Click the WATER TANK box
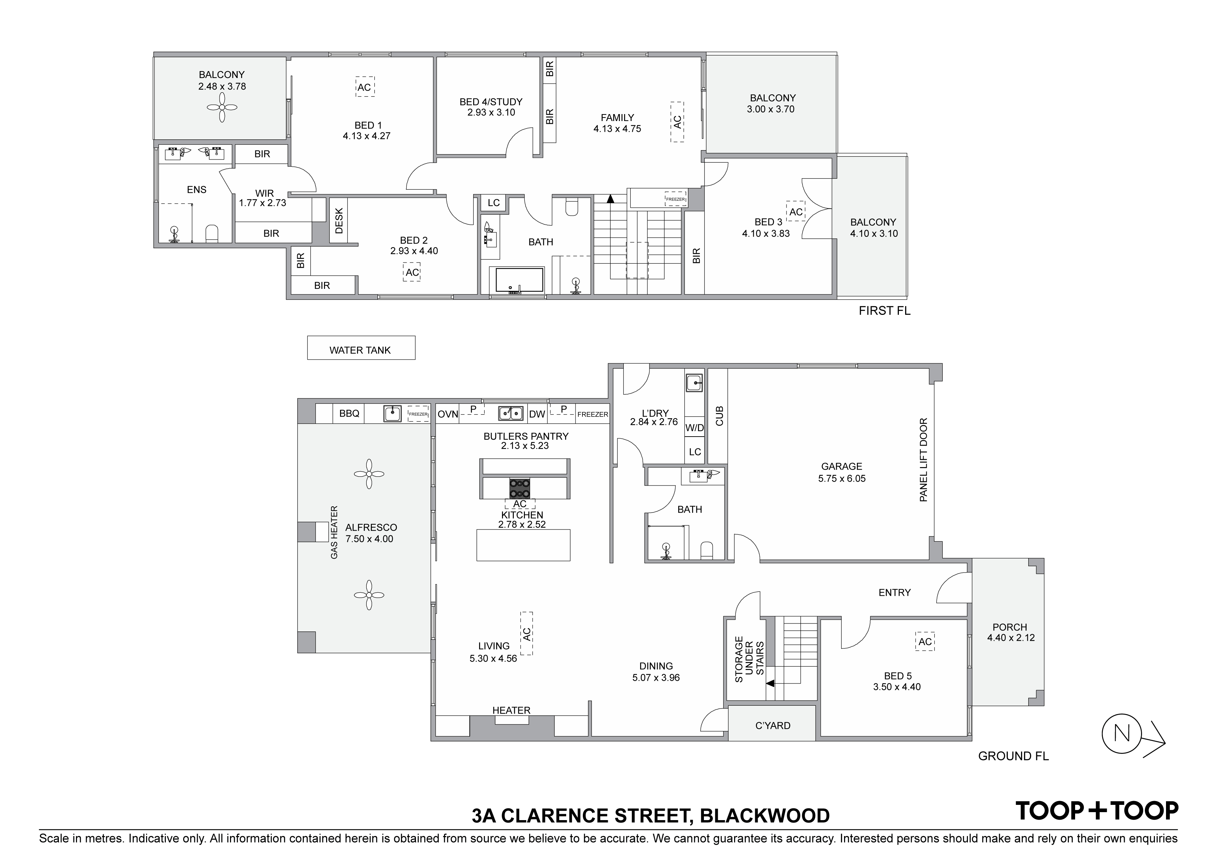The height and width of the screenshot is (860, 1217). tap(360, 348)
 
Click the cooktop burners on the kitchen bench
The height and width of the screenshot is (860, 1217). tap(519, 488)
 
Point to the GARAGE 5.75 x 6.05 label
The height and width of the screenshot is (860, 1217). tap(841, 472)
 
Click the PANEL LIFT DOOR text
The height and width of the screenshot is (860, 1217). tap(924, 460)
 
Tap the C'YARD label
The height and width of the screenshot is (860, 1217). tap(772, 725)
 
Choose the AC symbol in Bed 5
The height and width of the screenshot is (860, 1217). tap(925, 642)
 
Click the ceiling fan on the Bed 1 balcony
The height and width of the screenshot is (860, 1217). tap(222, 108)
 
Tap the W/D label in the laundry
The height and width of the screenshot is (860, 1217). tap(695, 428)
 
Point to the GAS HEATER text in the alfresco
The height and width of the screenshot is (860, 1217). tap(334, 532)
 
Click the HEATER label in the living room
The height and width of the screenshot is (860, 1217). tap(511, 710)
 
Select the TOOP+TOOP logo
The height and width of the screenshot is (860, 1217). tap(1097, 811)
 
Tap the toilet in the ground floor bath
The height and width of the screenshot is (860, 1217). tap(707, 550)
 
